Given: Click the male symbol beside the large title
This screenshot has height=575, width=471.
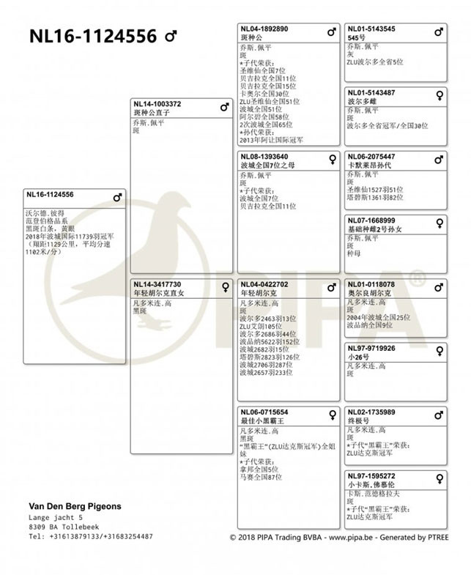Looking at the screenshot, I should (x=171, y=35).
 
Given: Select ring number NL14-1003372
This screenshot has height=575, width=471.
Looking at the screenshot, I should (x=157, y=104).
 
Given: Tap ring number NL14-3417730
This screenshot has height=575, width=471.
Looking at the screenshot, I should (x=157, y=284).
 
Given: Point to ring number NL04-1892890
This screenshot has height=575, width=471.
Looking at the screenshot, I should (x=264, y=29).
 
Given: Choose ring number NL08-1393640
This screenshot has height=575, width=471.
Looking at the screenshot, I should (x=264, y=157).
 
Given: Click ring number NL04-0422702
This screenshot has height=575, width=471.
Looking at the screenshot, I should (x=264, y=284).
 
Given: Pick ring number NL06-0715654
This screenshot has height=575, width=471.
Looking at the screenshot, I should (x=264, y=412).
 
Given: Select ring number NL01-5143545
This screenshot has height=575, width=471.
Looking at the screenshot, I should (x=371, y=29).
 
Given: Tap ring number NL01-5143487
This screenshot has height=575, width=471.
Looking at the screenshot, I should (x=371, y=93).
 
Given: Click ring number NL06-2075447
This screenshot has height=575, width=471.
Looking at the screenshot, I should (x=371, y=157).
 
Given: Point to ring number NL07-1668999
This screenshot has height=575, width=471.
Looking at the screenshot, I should (x=371, y=220).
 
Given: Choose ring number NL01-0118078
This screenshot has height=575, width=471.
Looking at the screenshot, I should (x=371, y=284).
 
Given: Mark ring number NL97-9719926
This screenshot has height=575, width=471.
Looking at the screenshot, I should (x=371, y=349).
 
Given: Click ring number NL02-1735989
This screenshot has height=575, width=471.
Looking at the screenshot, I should (x=371, y=412).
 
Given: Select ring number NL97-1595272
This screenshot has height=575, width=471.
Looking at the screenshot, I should (x=371, y=476).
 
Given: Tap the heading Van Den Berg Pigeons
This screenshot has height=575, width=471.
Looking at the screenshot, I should (x=75, y=506).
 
